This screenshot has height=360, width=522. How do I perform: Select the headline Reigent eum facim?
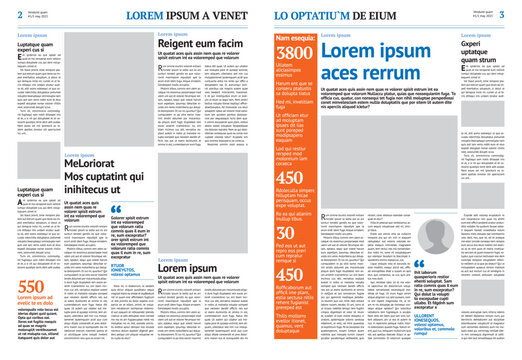coord(200,45)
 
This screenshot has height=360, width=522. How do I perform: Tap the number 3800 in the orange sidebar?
coord(294,53)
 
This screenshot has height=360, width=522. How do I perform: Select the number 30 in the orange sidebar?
coord(285,232)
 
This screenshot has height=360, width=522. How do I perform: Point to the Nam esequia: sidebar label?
coord(295,37)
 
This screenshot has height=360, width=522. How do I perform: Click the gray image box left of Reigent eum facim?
coord(109,91)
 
